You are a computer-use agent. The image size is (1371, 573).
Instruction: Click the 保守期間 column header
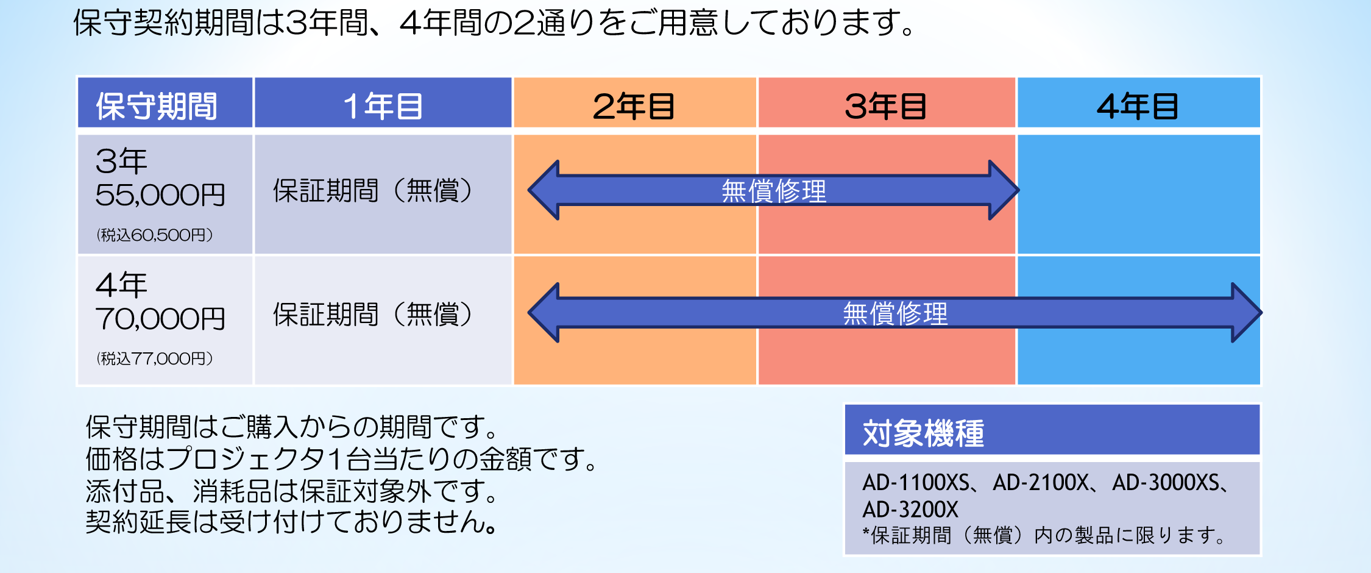pos(165,102)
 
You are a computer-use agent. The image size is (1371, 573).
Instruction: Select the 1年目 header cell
pos(383,102)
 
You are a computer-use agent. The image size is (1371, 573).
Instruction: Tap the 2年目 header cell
pos(635,102)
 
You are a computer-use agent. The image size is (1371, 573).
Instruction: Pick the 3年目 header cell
pos(887,102)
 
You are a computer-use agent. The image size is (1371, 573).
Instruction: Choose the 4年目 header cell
pos(1138,102)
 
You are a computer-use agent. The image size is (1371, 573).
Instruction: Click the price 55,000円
pos(160,195)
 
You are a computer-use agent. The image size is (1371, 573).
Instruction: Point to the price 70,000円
pos(160,319)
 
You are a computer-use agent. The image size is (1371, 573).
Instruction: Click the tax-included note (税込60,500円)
pos(155,235)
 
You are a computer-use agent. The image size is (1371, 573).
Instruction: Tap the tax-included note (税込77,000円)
pos(155,359)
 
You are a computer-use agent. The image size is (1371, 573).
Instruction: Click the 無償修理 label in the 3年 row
pos(774,191)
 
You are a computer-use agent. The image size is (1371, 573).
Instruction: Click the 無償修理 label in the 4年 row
pos(895,314)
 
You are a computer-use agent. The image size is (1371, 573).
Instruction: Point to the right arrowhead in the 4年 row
pos(1247,313)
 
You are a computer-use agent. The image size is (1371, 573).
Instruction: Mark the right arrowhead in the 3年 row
pos(1004,190)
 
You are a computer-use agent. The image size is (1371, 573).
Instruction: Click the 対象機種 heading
pos(923,433)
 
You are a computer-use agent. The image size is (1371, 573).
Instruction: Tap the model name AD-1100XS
pos(915,483)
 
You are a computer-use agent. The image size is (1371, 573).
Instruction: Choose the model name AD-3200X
pos(910,509)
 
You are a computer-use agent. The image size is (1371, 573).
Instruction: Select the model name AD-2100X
pos(1041,483)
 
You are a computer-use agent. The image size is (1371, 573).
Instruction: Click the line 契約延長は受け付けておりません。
pos(291,522)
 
